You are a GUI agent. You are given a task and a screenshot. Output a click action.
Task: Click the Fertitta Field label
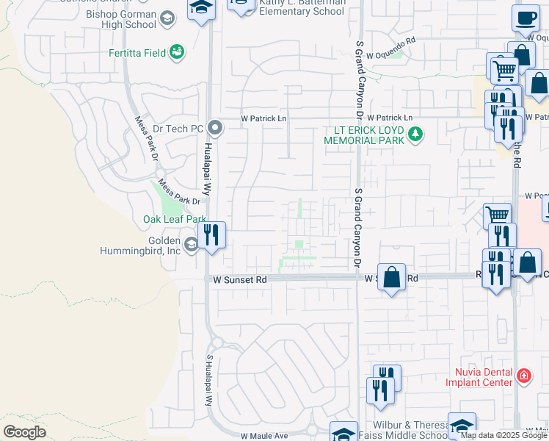pos(136,52)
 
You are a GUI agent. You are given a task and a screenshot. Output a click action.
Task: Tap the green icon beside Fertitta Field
pos(176,52)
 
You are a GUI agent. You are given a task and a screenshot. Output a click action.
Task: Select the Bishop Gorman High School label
pos(121,19)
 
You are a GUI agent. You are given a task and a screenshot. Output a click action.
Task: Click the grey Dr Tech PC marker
pos(215,129)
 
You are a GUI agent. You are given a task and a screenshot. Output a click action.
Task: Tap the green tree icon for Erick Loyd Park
pos(416,134)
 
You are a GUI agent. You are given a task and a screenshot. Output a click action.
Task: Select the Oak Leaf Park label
pos(175,219)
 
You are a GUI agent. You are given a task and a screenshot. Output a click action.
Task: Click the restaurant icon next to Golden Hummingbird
pos(211,235)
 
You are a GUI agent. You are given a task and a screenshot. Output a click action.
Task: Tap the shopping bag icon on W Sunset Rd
pos(392,279)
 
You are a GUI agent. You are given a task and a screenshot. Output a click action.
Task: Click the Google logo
pos(24,432)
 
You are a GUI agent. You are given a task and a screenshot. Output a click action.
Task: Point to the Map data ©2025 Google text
pos(503,435)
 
